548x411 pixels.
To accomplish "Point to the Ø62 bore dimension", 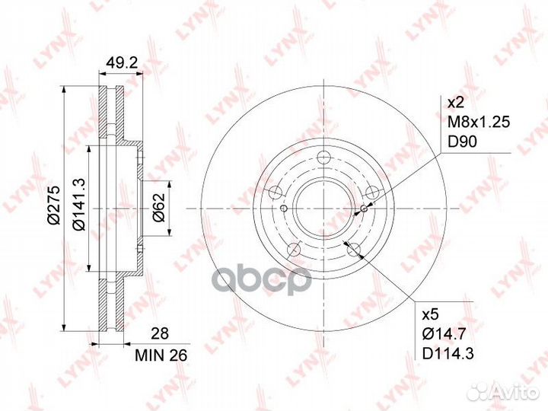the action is pos(158,207).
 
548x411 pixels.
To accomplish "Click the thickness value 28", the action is pos(160,333).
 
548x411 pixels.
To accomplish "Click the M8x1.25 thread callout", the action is pos(479,122).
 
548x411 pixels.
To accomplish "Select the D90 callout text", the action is pos(463,142).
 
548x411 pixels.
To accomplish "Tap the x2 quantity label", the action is pos(455,103).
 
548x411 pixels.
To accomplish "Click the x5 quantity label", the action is pos(430,314).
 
